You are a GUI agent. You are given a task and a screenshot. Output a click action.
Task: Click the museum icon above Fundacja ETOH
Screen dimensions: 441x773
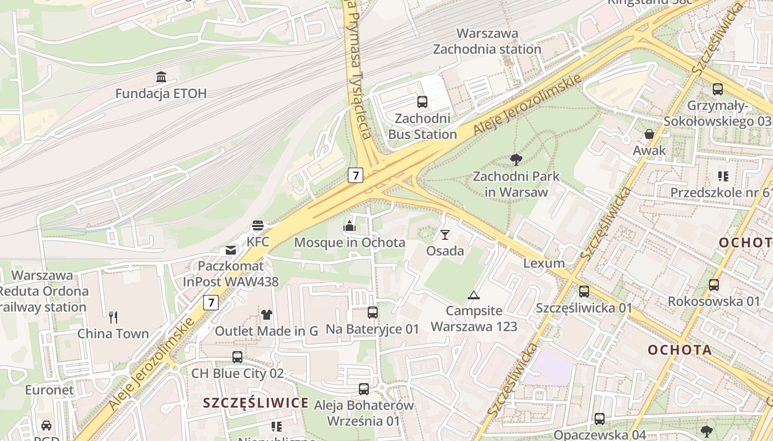161,77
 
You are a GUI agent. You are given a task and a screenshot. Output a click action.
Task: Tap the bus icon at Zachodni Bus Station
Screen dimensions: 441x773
422,101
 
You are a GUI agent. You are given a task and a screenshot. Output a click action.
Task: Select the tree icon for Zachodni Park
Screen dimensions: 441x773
516,160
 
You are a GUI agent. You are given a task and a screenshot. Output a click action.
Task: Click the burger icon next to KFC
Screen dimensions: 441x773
258,225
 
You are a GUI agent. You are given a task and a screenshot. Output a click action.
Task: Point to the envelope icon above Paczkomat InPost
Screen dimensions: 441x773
231,250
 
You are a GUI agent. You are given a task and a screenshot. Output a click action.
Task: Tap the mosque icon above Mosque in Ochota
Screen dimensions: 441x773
349,225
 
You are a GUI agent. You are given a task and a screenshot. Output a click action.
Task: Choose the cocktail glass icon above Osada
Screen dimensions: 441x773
445,235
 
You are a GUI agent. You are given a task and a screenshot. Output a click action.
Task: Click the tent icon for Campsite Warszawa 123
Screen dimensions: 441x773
473,295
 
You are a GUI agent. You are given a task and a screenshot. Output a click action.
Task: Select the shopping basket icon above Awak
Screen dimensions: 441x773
649,134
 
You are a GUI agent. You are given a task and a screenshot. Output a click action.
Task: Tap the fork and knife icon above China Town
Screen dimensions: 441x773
113,317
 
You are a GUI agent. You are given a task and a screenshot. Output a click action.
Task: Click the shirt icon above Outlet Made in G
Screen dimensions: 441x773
267,315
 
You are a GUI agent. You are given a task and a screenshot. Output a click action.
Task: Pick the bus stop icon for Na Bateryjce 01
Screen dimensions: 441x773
373,313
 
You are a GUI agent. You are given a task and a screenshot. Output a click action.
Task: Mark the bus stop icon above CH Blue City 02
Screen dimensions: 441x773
237,357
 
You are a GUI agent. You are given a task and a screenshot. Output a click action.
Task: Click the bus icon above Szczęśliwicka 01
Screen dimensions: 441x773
584,291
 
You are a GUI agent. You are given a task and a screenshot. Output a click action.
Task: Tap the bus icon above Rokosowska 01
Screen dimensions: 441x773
714,284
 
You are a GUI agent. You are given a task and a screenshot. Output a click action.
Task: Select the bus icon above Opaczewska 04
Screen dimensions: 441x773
600,418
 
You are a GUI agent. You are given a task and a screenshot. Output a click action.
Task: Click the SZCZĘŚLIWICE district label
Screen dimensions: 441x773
256,403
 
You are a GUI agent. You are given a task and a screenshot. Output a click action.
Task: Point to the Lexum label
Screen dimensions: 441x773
544,263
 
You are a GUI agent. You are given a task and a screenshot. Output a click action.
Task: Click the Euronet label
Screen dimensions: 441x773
49,390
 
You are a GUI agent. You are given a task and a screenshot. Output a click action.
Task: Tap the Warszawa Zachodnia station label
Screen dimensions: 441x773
487,41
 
